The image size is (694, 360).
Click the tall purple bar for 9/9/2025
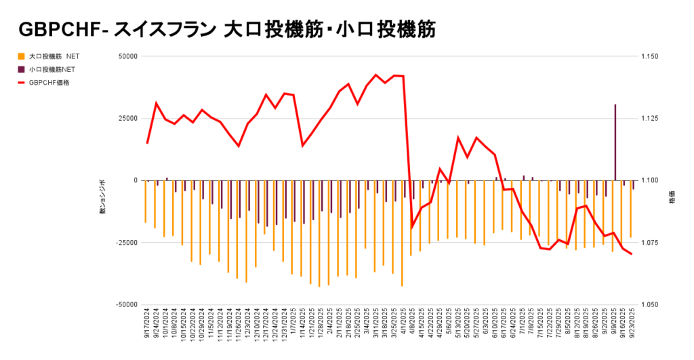tap(615, 142)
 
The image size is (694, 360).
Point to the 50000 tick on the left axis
tap(127, 56)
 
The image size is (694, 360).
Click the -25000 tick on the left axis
tap(126, 243)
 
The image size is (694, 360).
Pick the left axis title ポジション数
tap(103, 197)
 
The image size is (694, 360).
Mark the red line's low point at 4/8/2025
tap(412, 227)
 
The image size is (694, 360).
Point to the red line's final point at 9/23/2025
tap(632, 254)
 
